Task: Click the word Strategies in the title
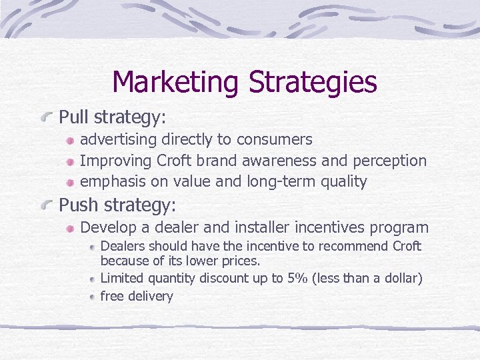[x=313, y=83]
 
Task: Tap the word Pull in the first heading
[x=74, y=117]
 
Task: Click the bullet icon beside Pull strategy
[x=47, y=117]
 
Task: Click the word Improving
[x=115, y=161]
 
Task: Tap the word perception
[x=392, y=161]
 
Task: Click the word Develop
[x=109, y=228]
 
